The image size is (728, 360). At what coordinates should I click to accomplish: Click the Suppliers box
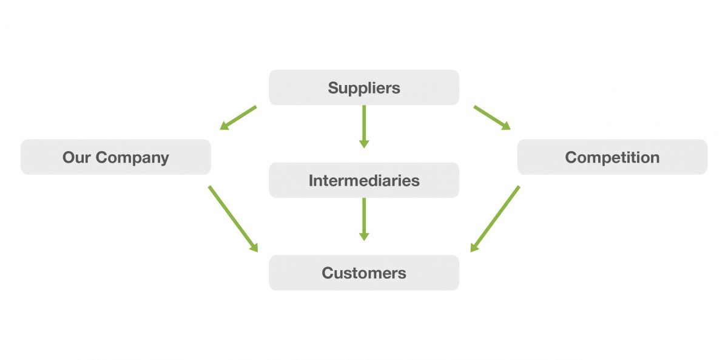(x=364, y=87)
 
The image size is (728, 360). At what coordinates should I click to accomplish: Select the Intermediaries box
(x=364, y=180)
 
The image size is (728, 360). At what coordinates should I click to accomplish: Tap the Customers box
(x=364, y=273)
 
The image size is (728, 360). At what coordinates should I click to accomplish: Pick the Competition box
(x=612, y=157)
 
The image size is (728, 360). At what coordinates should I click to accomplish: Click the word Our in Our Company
(x=76, y=158)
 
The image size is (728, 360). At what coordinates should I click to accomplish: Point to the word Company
(x=132, y=158)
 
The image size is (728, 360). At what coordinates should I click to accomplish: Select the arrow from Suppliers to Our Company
(x=238, y=118)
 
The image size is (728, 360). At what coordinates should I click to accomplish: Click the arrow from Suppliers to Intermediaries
(x=364, y=126)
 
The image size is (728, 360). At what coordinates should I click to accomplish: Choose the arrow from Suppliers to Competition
(x=491, y=118)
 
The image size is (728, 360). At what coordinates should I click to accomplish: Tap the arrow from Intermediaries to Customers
(x=364, y=219)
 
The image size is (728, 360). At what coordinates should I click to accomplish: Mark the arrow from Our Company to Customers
(x=233, y=219)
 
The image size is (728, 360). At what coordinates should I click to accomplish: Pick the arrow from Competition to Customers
(x=495, y=219)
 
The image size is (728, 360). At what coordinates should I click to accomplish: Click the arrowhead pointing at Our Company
(x=224, y=126)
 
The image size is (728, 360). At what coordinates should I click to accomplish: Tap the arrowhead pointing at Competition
(x=505, y=126)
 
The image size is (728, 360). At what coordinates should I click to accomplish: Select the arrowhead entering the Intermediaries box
(x=364, y=144)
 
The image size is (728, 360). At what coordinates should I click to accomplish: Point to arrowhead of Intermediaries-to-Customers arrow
(x=364, y=236)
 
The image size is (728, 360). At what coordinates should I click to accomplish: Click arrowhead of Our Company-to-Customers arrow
(x=254, y=247)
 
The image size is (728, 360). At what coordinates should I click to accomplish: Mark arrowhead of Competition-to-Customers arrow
(x=474, y=247)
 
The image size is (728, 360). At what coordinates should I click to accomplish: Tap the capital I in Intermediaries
(x=311, y=180)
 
